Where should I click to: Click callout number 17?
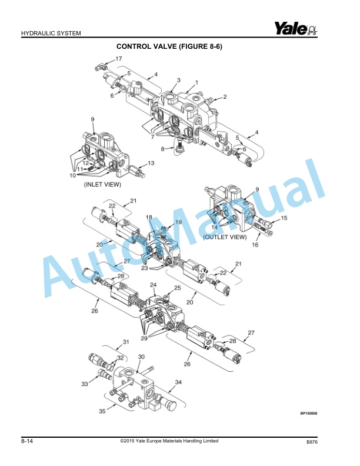click(x=118, y=59)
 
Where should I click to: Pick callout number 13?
click(x=151, y=163)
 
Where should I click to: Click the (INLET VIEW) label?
click(x=102, y=184)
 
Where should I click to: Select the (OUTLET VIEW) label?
click(x=225, y=237)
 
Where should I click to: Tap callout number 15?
click(x=284, y=218)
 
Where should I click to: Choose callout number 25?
click(x=178, y=288)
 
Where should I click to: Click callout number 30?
click(x=141, y=357)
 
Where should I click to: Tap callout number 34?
click(x=178, y=382)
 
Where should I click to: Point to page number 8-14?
click(x=26, y=441)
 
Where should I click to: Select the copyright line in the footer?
click(x=169, y=441)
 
